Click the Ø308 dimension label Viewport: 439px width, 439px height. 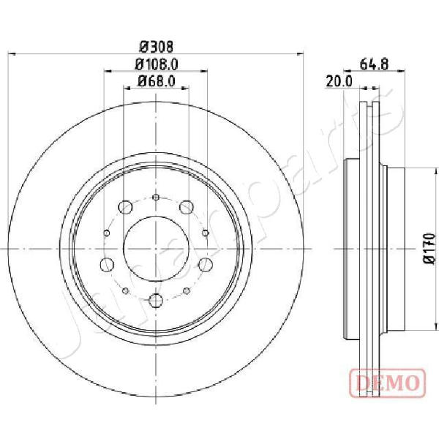click(x=157, y=47)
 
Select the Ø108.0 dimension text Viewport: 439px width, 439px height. click(x=157, y=64)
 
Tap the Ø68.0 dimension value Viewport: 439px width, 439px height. click(x=157, y=81)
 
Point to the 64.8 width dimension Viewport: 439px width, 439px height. click(x=375, y=64)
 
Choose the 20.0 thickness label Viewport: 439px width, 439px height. click(x=339, y=82)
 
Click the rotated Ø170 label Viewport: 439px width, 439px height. click(x=430, y=249)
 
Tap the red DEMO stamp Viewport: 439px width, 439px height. click(x=387, y=383)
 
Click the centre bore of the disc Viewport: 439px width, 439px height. click(x=156, y=249)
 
